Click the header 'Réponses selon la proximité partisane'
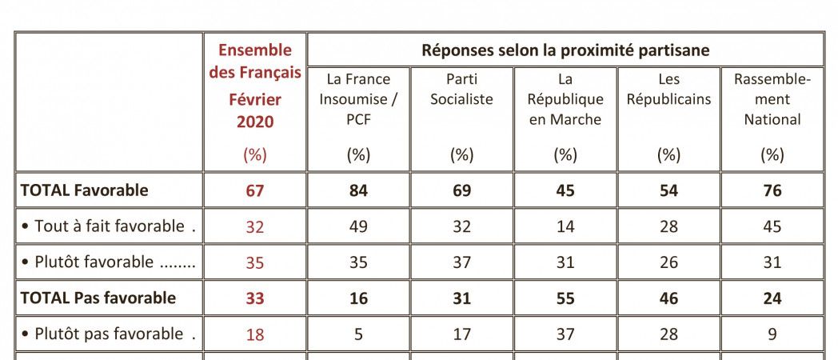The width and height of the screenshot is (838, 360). pos(565,50)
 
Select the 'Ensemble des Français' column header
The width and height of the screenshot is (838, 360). pos(255,62)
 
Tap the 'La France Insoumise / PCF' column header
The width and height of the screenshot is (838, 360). pos(358,99)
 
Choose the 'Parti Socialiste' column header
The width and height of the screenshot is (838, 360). pos(461,90)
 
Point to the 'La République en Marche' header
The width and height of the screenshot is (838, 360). pos(565,99)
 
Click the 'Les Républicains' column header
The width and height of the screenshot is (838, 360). pos(668,90)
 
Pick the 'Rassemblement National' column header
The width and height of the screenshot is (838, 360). pos(772,99)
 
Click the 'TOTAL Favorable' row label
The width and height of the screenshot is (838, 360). pos(84,190)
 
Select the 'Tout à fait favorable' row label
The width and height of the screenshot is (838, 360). pos(104,226)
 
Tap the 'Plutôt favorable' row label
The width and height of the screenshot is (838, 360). pos(104,262)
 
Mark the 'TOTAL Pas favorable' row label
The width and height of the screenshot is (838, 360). pos(98,298)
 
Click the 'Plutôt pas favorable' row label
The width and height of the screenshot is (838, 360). pos(104,334)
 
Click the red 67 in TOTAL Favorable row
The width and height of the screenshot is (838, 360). pos(255,190)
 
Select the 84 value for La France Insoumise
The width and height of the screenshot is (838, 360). pos(358,190)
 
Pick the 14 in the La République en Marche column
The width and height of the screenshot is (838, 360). pos(565,226)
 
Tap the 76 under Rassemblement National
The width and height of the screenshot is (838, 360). pos(772,190)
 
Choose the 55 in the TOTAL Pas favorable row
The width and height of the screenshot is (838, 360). pos(565,298)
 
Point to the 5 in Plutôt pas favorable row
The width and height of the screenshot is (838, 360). pos(358,334)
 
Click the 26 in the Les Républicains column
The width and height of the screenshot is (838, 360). pos(668,262)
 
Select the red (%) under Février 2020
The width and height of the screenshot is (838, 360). pos(255,155)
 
